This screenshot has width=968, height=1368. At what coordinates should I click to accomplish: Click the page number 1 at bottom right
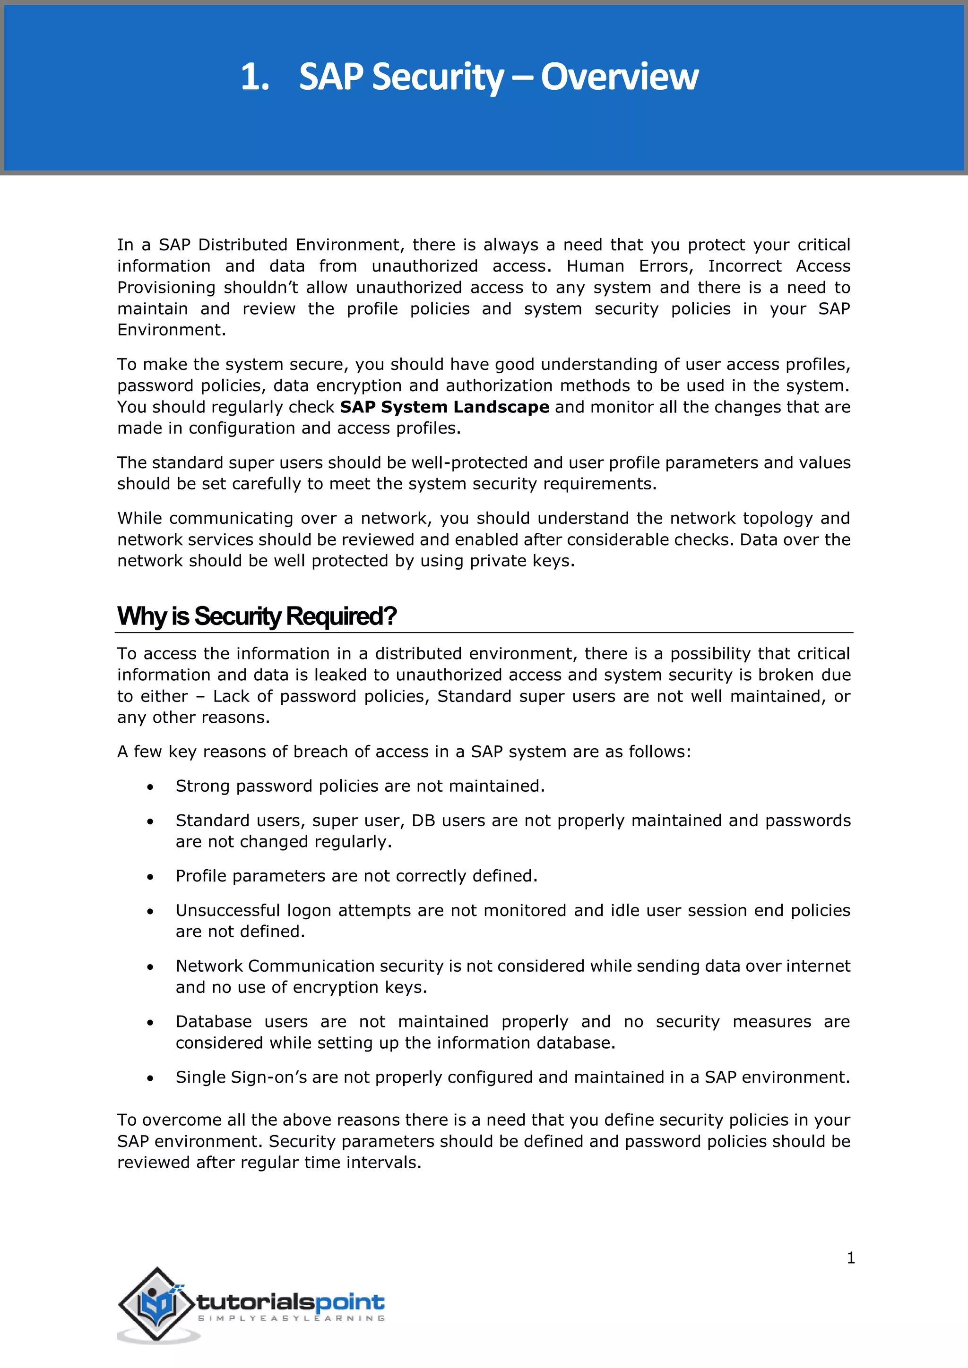point(851,1258)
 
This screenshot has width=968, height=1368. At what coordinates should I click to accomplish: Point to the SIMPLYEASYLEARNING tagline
point(291,1318)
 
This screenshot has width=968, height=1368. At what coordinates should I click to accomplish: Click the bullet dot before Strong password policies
point(151,787)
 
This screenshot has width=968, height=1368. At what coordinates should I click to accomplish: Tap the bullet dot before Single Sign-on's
point(151,1078)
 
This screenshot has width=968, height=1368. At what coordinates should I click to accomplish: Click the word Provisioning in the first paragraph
point(166,288)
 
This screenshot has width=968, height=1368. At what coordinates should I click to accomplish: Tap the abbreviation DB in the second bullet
point(423,821)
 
